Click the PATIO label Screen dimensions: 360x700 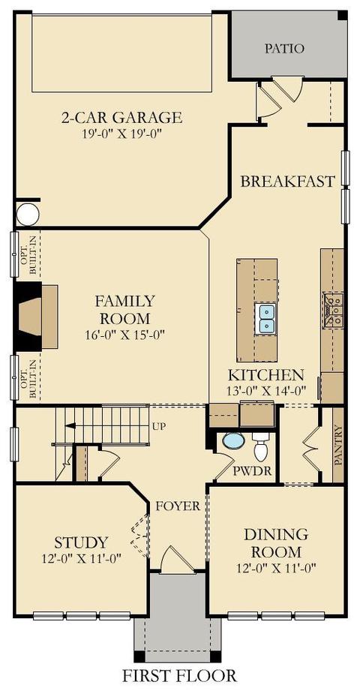284,48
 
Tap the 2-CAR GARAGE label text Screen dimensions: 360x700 121,118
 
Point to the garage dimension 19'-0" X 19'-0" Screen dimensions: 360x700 121,134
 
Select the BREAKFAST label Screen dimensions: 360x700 287,182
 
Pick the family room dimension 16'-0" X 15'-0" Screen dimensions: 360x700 125,335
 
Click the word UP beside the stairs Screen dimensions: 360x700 159,426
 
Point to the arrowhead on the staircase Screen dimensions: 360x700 70,425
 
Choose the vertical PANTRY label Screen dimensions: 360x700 338,445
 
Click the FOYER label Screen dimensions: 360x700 178,506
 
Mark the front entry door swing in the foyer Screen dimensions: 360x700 178,560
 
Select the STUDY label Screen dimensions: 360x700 81,543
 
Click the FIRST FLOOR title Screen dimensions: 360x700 180,675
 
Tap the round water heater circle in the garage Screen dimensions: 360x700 28,215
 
